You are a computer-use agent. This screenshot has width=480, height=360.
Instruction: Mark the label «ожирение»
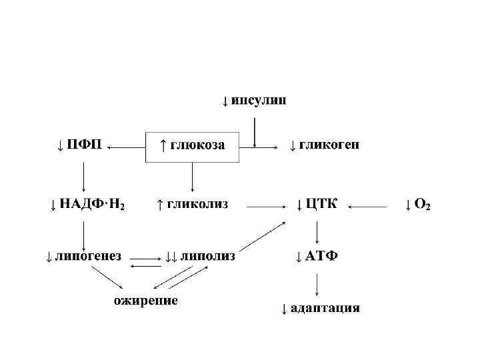[x=145, y=301]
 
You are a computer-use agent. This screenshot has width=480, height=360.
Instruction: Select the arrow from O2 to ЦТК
[x=368, y=207]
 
